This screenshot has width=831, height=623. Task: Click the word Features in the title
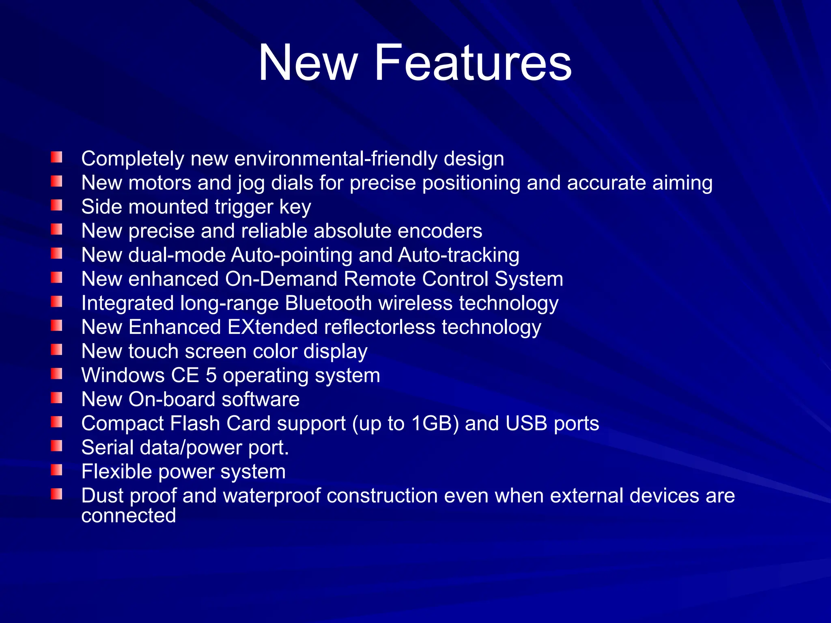[473, 63]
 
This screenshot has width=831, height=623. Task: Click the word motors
[159, 183]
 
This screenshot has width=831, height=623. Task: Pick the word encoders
[440, 231]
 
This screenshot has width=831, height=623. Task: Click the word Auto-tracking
[459, 255]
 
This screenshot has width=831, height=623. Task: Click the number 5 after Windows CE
[211, 375]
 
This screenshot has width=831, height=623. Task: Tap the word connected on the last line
[128, 516]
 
